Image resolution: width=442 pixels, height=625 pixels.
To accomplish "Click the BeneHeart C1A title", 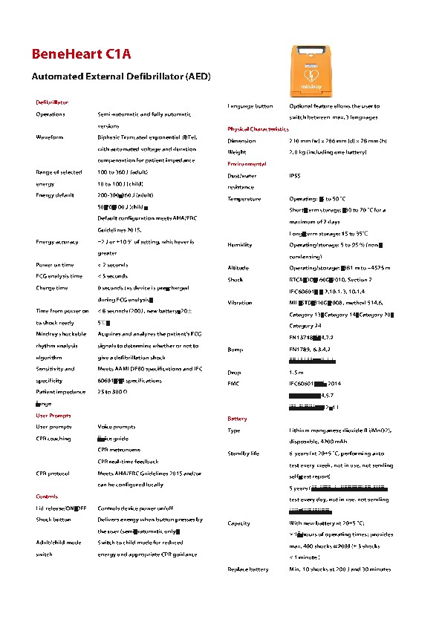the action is pos(81,54).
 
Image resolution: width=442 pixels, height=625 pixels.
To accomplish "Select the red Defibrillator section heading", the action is pos(52,102).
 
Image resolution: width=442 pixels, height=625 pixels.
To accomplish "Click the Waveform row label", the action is pos(49,137).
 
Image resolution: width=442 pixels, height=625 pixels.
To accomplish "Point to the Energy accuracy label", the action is pos(56,241).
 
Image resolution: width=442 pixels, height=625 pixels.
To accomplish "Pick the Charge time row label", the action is pos(52,287).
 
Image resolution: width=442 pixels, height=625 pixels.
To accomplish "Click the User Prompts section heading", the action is pos(53,415).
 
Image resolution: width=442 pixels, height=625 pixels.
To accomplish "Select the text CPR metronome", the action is pos(119,450).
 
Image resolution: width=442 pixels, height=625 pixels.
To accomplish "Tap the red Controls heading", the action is pos(47,496).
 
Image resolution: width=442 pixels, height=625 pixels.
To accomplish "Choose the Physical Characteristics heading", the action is pos(258,129).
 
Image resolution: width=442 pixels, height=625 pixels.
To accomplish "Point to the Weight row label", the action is pos(237,152).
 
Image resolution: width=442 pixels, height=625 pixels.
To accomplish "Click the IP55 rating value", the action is pos(295,176).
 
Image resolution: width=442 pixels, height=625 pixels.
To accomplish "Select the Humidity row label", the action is pos(240,244).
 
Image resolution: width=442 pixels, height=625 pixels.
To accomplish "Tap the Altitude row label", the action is pos(238,267).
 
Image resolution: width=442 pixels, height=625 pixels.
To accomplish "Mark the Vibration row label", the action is pos(240,303).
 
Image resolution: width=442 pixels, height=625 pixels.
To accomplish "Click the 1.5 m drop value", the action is pos(296,372).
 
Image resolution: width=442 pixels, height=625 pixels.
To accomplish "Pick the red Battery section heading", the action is pos(237,419).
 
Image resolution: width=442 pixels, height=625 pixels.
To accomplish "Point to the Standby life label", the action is pos(243,453).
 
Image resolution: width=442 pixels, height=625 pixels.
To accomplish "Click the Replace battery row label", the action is pos(247,569).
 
